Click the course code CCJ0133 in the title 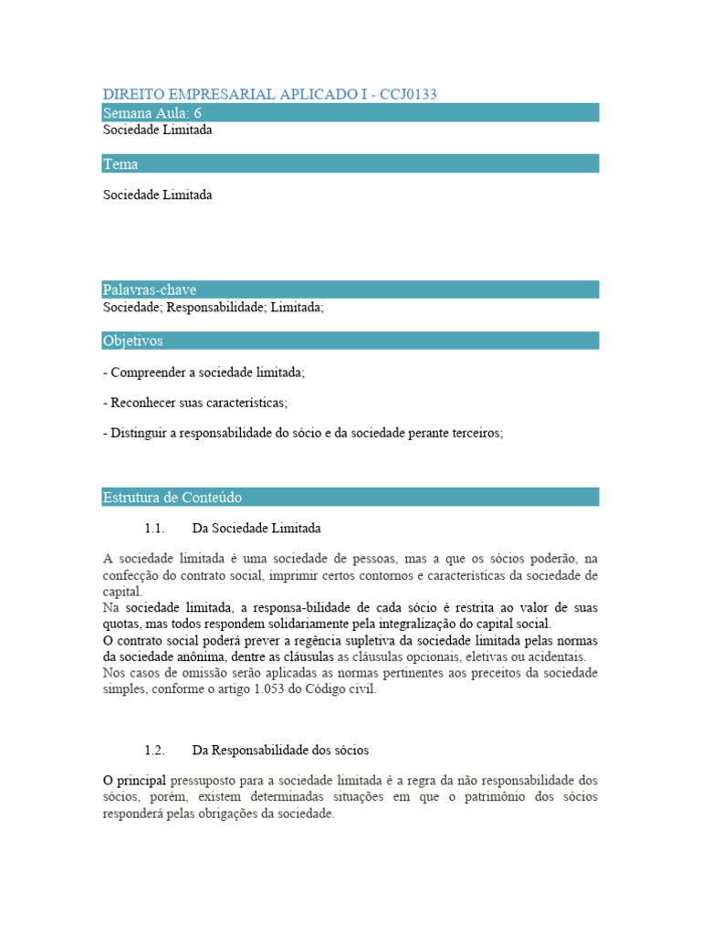click(x=418, y=95)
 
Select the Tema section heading click(x=120, y=164)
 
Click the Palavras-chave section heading click(x=149, y=289)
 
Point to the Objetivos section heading click(x=132, y=341)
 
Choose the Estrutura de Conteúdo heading click(x=172, y=498)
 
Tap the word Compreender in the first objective click(x=147, y=373)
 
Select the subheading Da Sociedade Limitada click(x=256, y=529)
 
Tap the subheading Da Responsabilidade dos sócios click(x=280, y=751)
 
